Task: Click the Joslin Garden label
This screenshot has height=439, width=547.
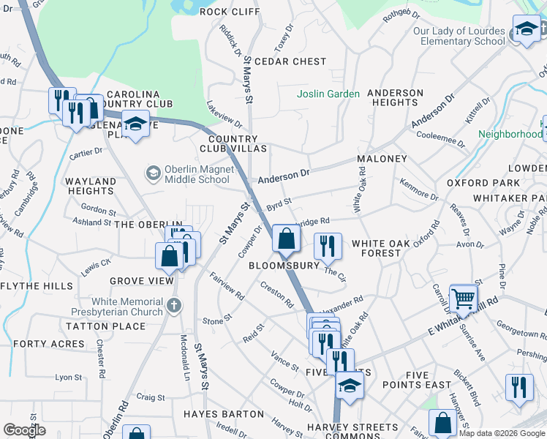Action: tap(328, 94)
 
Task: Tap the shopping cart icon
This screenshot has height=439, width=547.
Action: tap(463, 298)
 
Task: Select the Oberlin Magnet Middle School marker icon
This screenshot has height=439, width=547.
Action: tap(153, 173)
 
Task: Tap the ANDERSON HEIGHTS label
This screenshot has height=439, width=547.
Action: tap(395, 98)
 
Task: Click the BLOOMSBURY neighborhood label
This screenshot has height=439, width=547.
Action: tap(284, 266)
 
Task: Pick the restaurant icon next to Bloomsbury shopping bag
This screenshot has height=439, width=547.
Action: tap(328, 246)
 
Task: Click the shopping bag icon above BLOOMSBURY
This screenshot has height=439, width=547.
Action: tap(286, 238)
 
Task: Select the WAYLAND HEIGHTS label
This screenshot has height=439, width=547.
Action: tap(91, 186)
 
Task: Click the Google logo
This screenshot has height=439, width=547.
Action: tap(25, 431)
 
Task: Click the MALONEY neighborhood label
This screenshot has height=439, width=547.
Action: tap(382, 159)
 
